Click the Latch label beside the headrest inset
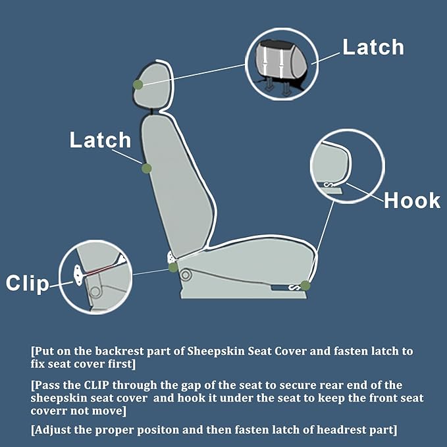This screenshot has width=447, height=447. (373, 47)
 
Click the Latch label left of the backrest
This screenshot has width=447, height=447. (100, 140)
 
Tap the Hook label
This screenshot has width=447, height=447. (412, 200)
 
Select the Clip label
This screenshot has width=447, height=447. (28, 283)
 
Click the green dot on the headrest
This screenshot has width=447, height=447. (138, 85)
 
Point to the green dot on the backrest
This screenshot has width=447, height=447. (147, 168)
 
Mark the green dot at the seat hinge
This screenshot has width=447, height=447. (173, 267)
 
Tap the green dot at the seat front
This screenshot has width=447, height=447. (305, 285)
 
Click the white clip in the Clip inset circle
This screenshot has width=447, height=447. (78, 275)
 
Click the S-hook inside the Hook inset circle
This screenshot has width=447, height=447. (329, 185)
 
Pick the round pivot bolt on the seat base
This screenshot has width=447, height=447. (186, 275)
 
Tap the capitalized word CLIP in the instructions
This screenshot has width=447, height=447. (96, 385)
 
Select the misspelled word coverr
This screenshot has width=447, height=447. (48, 411)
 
